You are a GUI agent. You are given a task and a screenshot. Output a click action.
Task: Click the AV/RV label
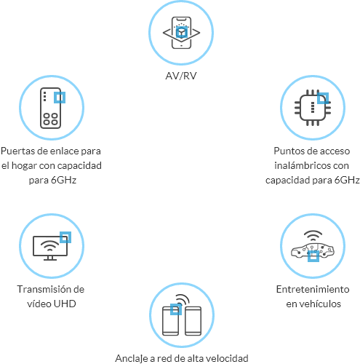coord(181,76)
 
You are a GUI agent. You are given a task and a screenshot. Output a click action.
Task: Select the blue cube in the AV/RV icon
coord(182,33)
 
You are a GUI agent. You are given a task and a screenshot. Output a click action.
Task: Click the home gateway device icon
coord(50,108)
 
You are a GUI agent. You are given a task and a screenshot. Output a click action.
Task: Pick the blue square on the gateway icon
coord(60,98)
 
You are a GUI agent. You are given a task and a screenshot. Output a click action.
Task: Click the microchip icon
coord(313,108)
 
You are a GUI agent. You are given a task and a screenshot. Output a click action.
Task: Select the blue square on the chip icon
coord(323,98)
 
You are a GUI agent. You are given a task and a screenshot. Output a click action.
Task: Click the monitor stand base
coord(50,260)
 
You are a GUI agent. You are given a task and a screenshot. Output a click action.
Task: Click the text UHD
coord(65,304)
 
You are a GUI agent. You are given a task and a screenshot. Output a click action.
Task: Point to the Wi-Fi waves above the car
coord(313,236)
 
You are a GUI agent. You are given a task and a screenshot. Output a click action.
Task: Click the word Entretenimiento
coord(313,289)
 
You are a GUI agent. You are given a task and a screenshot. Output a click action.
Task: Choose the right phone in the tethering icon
coord(193,321)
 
